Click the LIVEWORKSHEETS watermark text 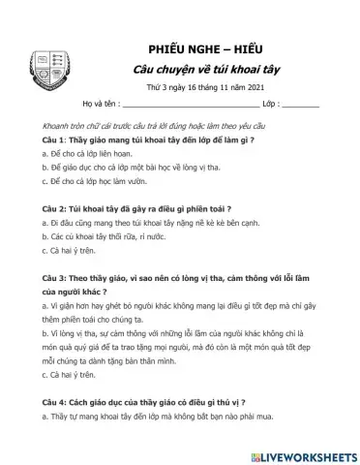[306, 454]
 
